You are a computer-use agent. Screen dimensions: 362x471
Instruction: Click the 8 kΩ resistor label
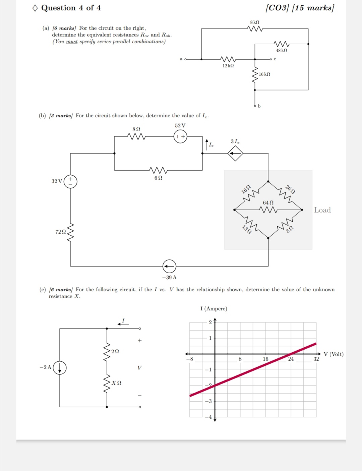[x=255, y=22]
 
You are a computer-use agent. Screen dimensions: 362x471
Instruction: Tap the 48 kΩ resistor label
[x=281, y=50]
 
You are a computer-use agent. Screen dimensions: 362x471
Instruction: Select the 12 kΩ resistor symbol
[x=228, y=59]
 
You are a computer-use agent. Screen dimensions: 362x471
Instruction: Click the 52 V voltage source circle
[x=180, y=136]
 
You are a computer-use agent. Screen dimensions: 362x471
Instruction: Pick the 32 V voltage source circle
[x=70, y=181]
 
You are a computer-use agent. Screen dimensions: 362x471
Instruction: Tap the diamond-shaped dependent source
[x=235, y=154]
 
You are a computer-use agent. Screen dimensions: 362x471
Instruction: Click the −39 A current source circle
[x=169, y=267]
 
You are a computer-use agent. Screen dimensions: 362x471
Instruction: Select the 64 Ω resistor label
[x=268, y=203]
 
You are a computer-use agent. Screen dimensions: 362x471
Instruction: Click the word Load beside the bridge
[x=322, y=210]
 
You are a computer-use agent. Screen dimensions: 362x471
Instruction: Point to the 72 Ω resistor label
[x=60, y=232]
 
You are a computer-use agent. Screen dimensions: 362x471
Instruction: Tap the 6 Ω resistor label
[x=158, y=178]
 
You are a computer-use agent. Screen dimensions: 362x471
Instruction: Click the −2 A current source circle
[x=60, y=368]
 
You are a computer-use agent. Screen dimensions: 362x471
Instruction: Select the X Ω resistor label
[x=117, y=383]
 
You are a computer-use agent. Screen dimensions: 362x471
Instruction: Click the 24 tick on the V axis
[x=291, y=359]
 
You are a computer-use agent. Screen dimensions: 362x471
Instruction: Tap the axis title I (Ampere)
[x=214, y=308]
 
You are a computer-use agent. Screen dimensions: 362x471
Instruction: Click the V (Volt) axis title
[x=334, y=354]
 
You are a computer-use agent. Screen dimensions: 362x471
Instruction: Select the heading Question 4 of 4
[x=71, y=8]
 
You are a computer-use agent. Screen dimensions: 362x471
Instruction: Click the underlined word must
[x=72, y=42]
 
